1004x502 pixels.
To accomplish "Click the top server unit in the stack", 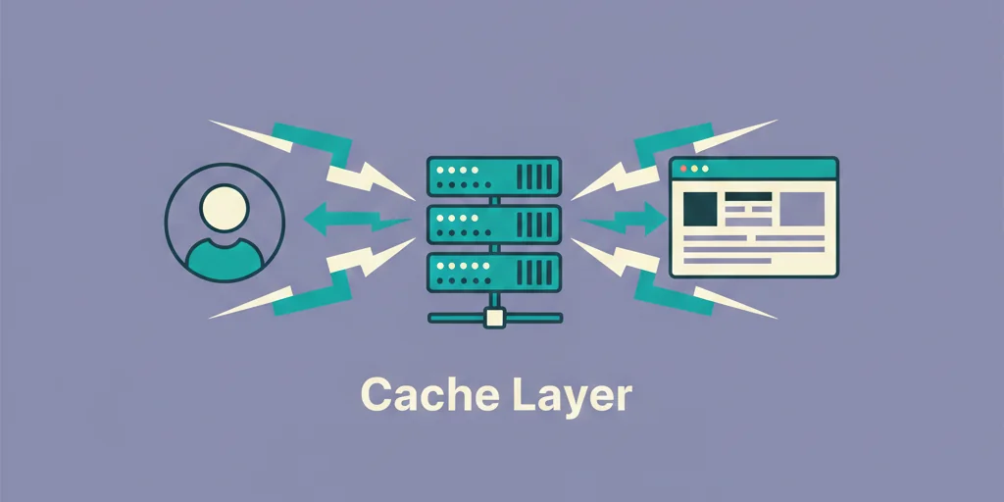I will click(x=493, y=176).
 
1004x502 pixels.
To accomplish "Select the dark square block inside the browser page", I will click(x=699, y=208).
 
